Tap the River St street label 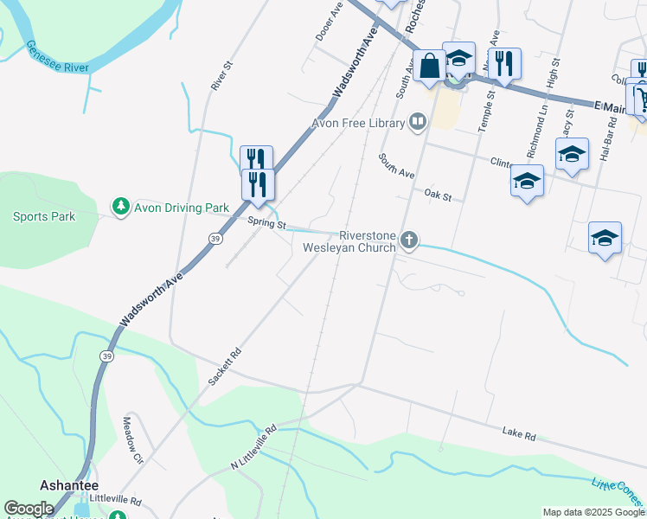click(221, 75)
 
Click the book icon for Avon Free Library click(419, 122)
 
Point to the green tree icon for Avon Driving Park click(120, 208)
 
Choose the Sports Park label click(43, 216)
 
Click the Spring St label click(266, 224)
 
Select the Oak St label click(439, 196)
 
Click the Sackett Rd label click(223, 368)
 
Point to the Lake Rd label click(519, 432)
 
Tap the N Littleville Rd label click(253, 447)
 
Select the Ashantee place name click(68, 485)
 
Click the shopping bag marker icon click(429, 65)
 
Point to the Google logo click(29, 509)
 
